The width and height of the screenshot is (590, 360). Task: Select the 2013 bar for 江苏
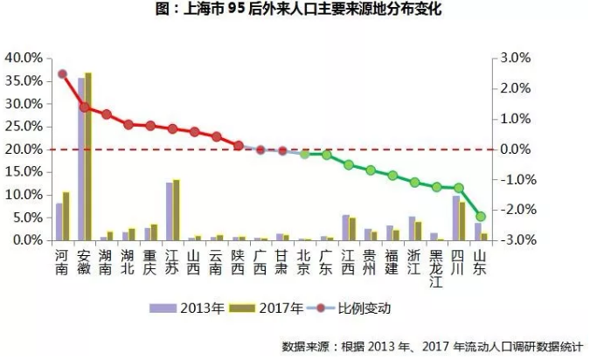coord(170,211)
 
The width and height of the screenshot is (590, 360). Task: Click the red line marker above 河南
coord(62,74)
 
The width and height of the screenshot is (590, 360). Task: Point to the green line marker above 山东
coord(481,216)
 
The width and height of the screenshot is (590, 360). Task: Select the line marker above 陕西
coord(239,146)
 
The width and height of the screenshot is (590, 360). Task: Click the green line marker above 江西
coord(349,164)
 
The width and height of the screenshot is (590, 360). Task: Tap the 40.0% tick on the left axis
coord(24,58)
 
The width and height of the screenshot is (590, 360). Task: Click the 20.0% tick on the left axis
coord(24,149)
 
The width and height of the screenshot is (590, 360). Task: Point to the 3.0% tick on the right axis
coord(516,58)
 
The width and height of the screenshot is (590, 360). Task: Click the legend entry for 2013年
coord(179,308)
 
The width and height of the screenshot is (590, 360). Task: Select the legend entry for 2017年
coord(269,308)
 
